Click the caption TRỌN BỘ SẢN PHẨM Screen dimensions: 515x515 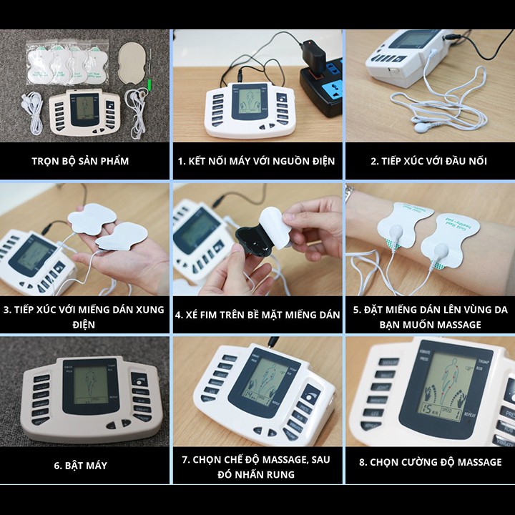[80, 161]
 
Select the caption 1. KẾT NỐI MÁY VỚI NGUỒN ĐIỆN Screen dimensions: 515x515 [256, 161]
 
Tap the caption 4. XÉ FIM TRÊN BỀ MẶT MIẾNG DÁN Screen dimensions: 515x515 [257, 313]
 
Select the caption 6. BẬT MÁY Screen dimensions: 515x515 [80, 465]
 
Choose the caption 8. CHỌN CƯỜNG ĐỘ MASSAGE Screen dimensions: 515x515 [430, 462]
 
